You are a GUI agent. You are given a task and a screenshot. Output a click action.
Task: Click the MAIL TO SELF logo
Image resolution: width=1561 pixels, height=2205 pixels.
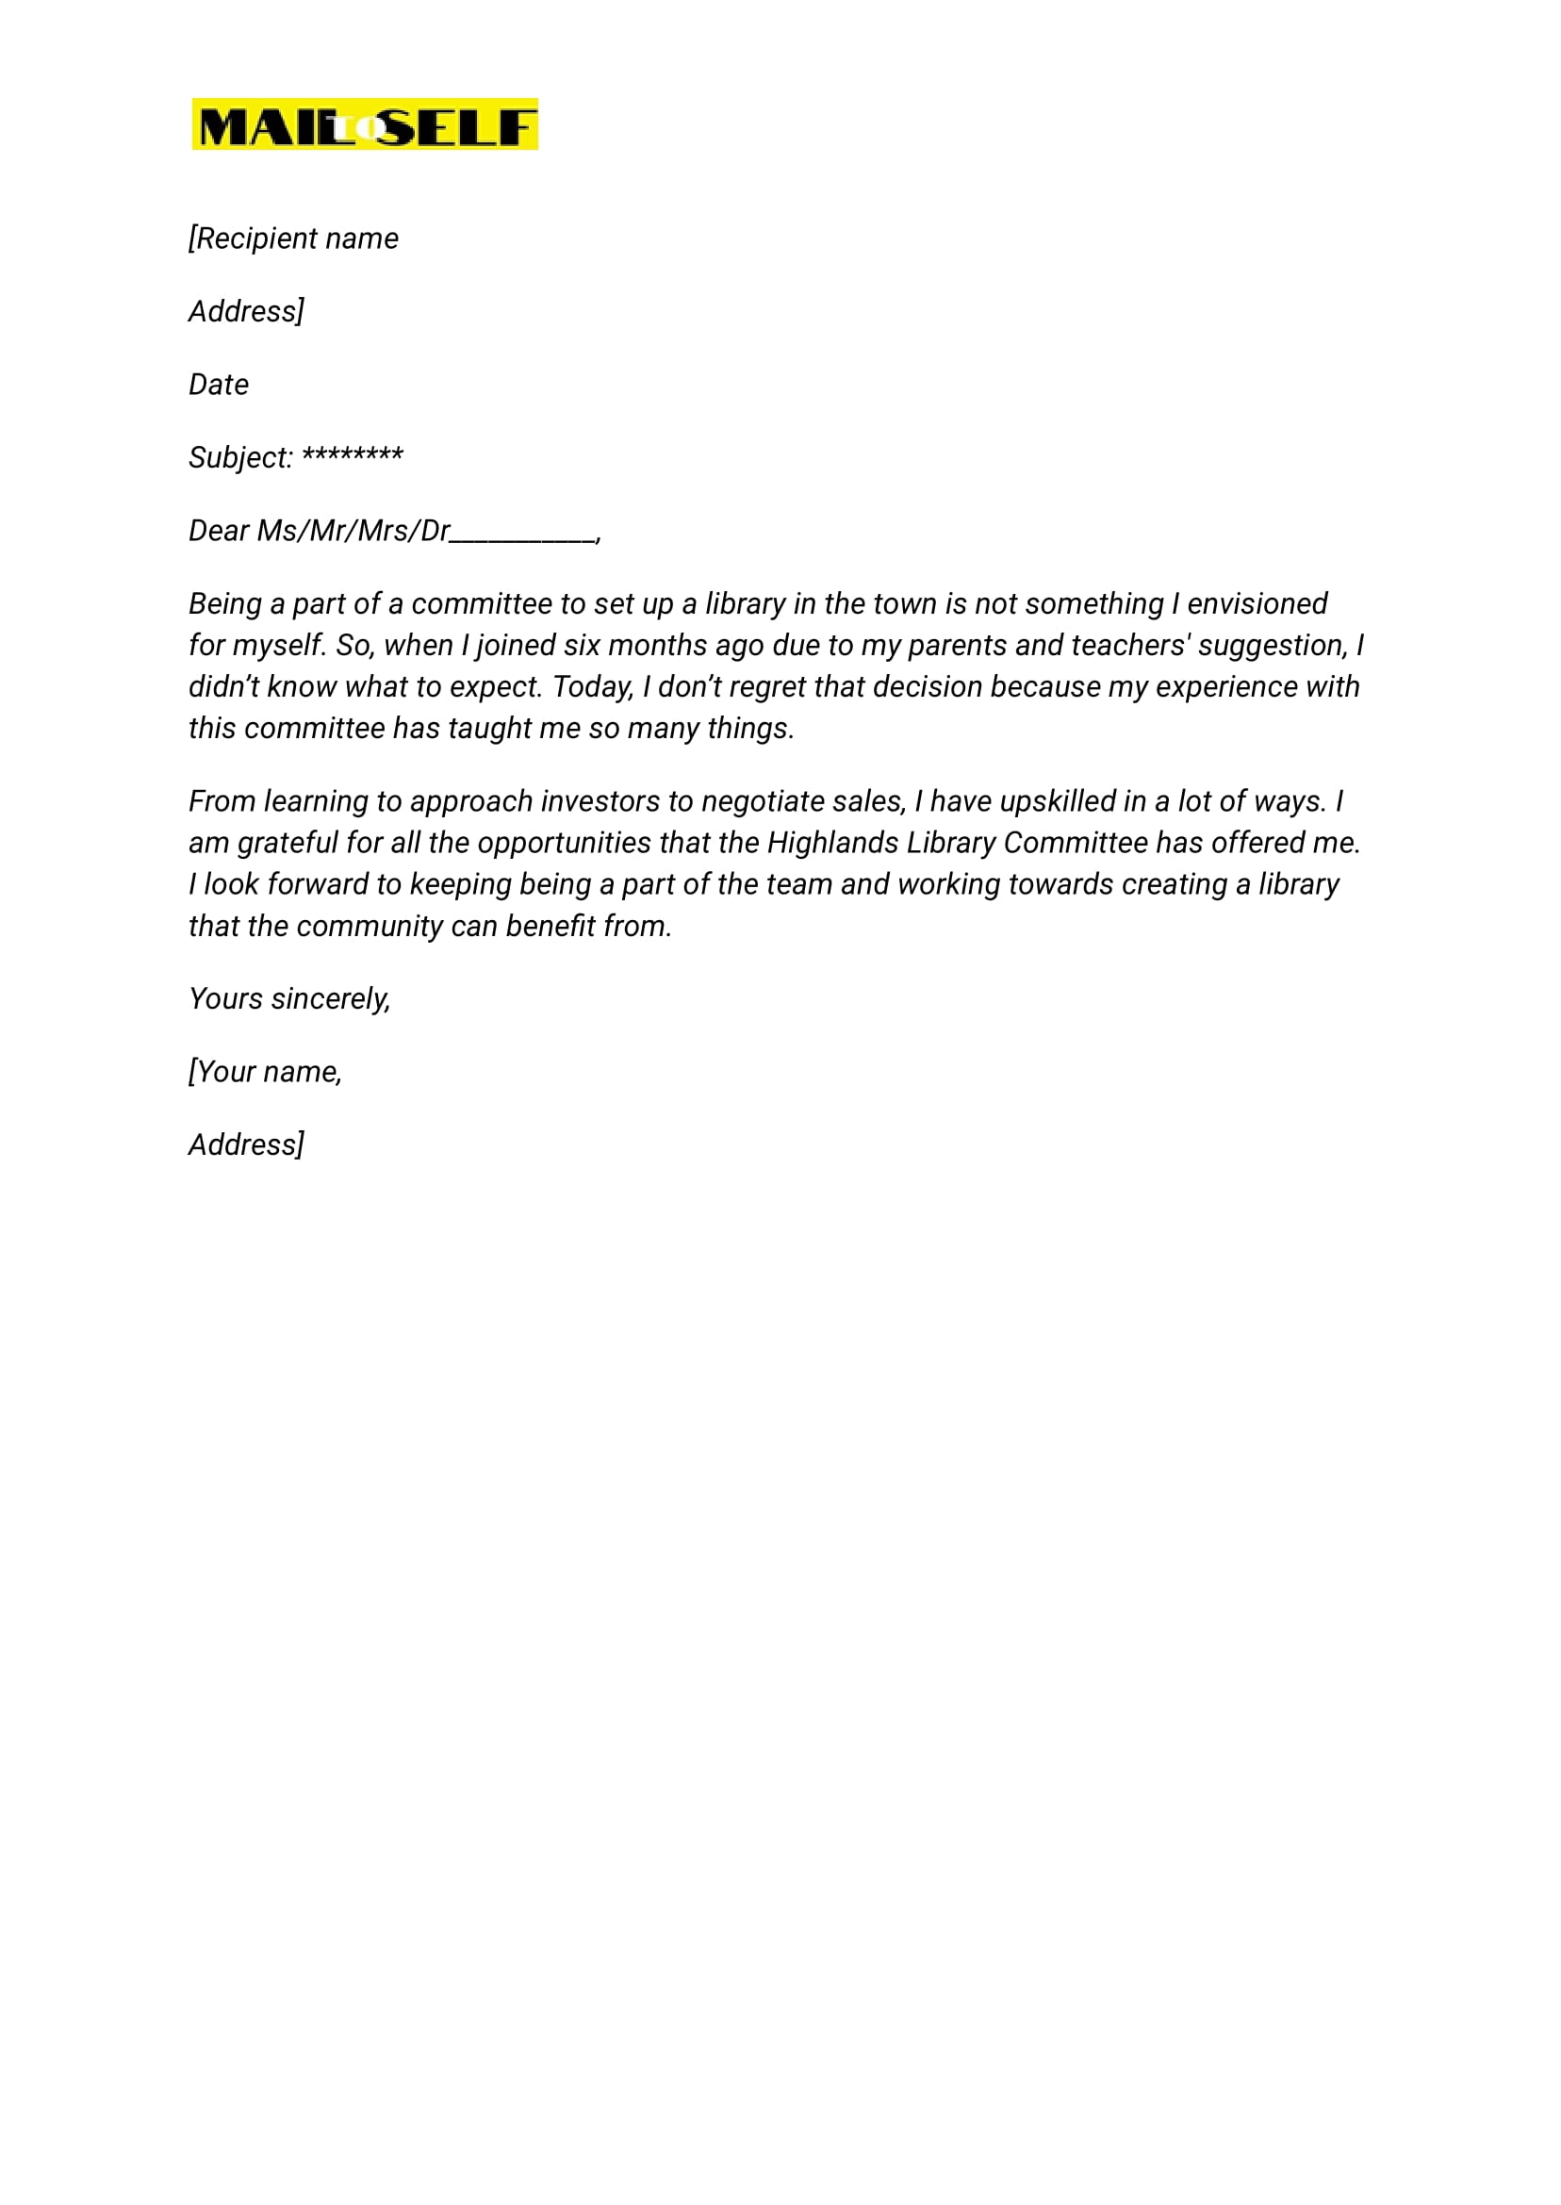tap(364, 124)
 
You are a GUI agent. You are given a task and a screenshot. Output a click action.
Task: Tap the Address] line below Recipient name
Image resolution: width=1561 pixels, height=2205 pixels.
tap(246, 311)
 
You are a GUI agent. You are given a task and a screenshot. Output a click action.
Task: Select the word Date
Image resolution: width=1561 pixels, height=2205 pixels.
tap(218, 385)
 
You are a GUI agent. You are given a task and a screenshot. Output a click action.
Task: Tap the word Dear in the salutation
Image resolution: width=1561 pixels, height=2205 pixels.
tap(218, 531)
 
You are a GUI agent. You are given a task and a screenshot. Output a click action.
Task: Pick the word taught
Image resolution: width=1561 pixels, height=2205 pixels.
tap(489, 729)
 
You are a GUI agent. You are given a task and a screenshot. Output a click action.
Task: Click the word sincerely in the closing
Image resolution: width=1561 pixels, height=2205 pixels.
tap(331, 999)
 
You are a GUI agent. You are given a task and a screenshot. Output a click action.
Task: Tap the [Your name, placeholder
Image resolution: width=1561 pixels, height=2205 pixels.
tap(265, 1072)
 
